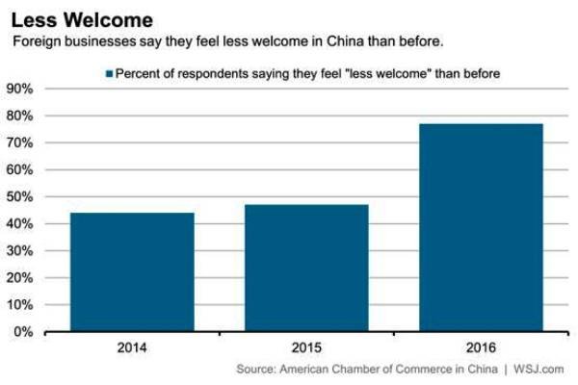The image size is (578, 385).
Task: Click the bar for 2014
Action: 132,271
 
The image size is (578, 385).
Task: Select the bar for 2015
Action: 306,268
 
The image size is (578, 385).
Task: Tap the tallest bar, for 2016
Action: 481,228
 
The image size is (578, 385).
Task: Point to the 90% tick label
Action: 20,89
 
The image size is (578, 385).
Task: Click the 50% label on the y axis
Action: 20,196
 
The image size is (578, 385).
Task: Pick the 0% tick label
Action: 23,332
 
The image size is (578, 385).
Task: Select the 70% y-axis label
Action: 20,143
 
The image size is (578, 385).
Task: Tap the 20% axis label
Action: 20,278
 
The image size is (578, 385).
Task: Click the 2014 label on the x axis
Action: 132,347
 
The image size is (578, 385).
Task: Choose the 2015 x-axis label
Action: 306,347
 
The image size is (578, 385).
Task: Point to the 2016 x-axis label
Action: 481,347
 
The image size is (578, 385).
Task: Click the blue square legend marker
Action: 109,74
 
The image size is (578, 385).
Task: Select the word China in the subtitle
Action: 346,40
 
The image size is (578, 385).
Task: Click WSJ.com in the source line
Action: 539,370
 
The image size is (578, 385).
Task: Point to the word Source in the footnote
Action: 256,370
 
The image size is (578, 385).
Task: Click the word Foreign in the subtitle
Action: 37,41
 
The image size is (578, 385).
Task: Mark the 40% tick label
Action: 20,224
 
